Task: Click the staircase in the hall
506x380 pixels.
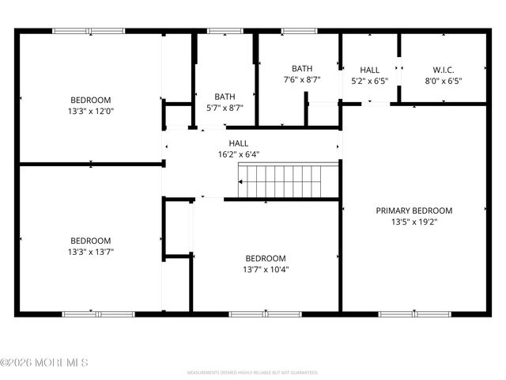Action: [289, 181]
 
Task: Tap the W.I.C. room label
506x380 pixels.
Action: [443, 69]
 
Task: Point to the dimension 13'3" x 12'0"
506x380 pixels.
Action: [91, 111]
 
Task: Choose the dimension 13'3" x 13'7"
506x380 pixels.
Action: [91, 252]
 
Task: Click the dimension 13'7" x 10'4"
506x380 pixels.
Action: [265, 269]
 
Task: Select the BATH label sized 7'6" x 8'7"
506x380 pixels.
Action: [301, 69]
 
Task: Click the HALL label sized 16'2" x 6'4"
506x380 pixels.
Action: [238, 143]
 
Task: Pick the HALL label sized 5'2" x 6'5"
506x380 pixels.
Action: [369, 70]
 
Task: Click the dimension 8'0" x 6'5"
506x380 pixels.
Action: [443, 80]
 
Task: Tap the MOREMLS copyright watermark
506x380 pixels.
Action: [44, 363]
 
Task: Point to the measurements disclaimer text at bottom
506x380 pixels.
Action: [252, 371]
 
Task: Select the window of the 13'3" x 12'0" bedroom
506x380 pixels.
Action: [89, 31]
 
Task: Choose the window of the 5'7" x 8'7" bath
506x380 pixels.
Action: [224, 31]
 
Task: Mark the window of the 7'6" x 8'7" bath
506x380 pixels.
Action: [298, 31]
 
